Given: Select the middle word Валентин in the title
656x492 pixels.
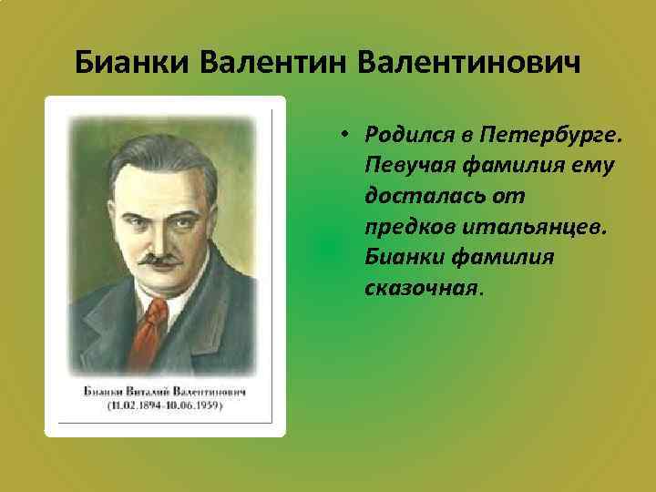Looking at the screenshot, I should [x=274, y=63].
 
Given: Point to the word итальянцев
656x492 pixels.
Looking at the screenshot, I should [x=529, y=227].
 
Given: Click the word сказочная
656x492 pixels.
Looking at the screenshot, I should [x=422, y=288].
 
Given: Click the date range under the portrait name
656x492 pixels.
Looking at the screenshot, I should [x=165, y=405].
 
